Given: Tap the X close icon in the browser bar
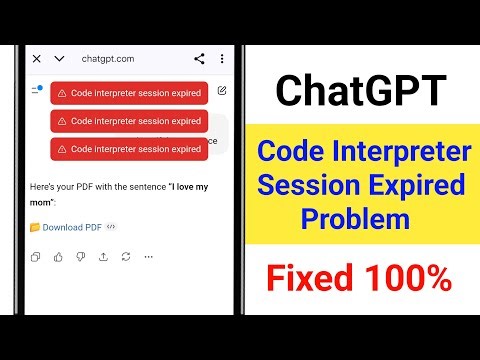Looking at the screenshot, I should coord(37,59).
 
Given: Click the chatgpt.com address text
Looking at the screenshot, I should coord(108,59).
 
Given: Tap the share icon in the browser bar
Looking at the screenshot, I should coord(199,59).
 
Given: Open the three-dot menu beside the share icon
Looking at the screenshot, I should coord(222,59).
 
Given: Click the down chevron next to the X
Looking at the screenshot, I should coord(59,59).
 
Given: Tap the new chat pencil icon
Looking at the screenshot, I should coord(221,91).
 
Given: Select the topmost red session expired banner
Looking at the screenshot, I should coord(129,93).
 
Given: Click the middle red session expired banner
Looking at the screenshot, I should coord(129,121).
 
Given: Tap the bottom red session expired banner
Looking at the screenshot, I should coord(129,149).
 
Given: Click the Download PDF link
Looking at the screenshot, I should coord(72,227).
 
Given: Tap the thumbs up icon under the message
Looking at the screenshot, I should coord(58,257).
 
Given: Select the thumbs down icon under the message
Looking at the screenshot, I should coord(80,257).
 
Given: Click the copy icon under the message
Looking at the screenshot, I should coord(36,257).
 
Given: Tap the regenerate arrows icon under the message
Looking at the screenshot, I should coord(126,257).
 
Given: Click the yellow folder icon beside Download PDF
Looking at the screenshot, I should coord(35,227).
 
